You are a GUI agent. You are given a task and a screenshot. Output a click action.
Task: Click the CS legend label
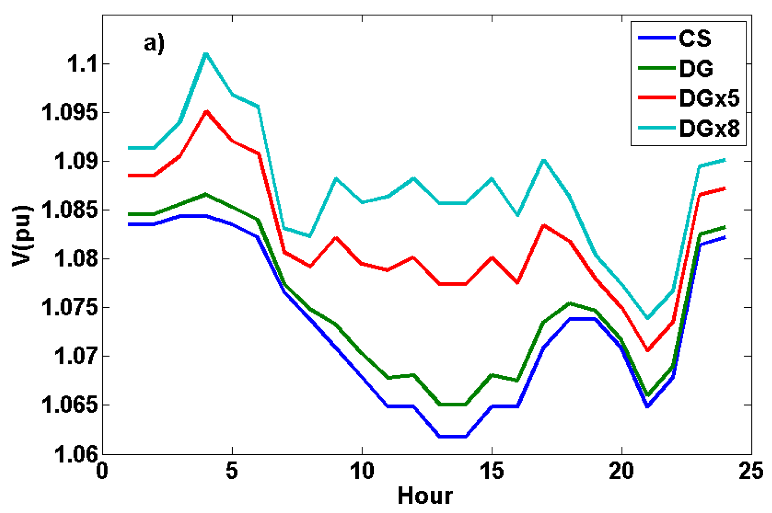[x=695, y=38]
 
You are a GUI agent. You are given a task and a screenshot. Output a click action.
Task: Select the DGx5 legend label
[x=709, y=98]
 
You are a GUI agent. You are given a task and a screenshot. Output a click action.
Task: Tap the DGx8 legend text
[x=709, y=128]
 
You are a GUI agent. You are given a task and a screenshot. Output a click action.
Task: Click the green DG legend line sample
[x=656, y=68]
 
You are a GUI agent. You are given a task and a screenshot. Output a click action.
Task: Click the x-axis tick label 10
[x=362, y=471]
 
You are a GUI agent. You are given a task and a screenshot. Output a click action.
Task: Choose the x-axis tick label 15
[x=492, y=471]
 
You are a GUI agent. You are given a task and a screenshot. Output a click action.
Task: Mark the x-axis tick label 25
[x=751, y=471]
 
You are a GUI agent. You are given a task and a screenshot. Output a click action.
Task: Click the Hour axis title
[x=425, y=496]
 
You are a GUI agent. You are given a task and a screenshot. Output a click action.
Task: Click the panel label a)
[x=154, y=43]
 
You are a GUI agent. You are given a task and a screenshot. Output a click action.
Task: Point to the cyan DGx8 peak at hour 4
[x=206, y=54]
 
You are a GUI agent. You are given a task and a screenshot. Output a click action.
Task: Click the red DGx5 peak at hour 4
[x=206, y=112]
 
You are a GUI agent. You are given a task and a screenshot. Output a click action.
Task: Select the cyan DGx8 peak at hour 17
[x=544, y=160]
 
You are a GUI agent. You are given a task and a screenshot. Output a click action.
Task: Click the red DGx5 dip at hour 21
[x=647, y=350]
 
